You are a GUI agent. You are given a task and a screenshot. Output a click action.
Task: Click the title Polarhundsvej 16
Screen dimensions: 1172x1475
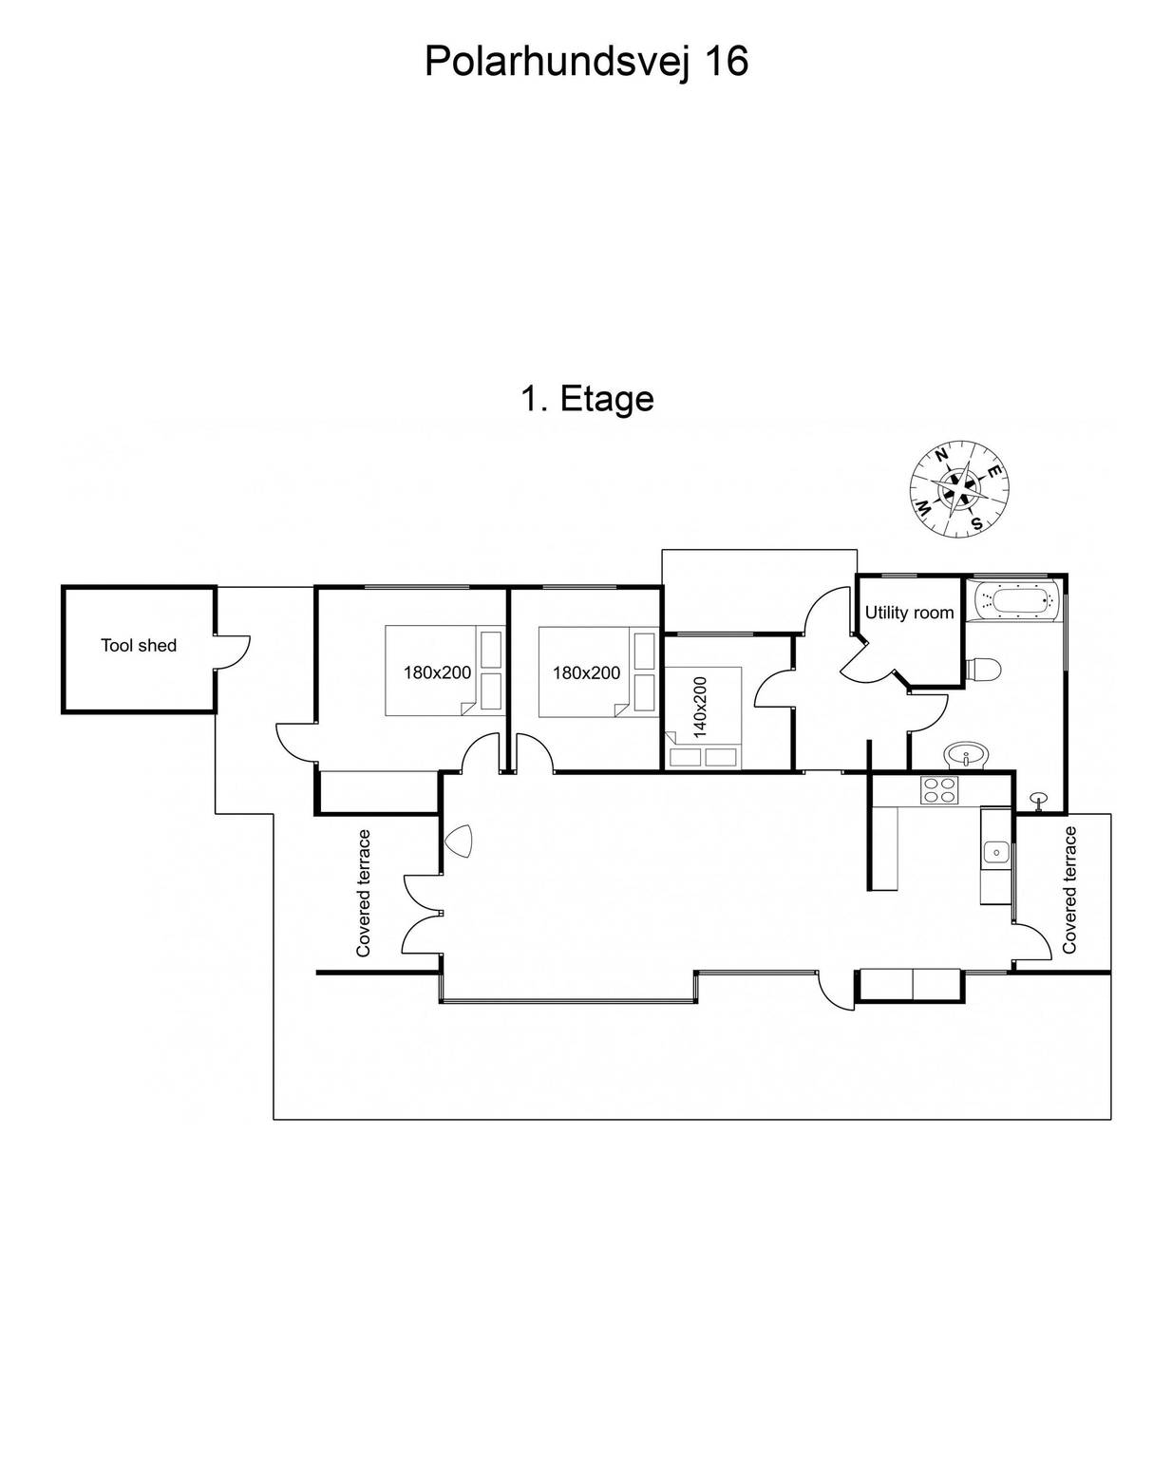[586, 63]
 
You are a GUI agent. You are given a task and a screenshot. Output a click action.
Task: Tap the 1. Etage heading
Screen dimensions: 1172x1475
[587, 398]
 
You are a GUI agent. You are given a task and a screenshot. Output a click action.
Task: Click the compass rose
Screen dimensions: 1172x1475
[959, 487]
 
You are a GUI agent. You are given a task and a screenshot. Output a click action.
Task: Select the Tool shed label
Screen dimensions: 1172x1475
[139, 645]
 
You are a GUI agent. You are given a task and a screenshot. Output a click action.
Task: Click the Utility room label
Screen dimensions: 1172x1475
[909, 612]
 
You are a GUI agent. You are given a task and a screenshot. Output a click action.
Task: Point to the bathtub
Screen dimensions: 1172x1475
[1016, 600]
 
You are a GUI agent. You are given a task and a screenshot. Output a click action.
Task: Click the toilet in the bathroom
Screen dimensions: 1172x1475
[983, 669]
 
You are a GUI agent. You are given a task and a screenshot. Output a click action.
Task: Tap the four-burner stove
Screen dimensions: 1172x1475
[938, 789]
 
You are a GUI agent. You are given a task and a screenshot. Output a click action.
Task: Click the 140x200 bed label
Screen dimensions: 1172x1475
[700, 708]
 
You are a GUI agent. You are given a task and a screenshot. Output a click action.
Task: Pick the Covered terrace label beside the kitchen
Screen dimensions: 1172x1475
[1068, 890]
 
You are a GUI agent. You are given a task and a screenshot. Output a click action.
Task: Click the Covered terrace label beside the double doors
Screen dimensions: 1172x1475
[363, 893]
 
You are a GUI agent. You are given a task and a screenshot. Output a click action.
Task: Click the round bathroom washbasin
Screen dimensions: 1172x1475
[967, 756]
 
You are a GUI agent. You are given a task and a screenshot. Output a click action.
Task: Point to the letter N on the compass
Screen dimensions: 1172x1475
[942, 454]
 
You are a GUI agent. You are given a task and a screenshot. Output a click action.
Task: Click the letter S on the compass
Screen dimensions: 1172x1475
[977, 522]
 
